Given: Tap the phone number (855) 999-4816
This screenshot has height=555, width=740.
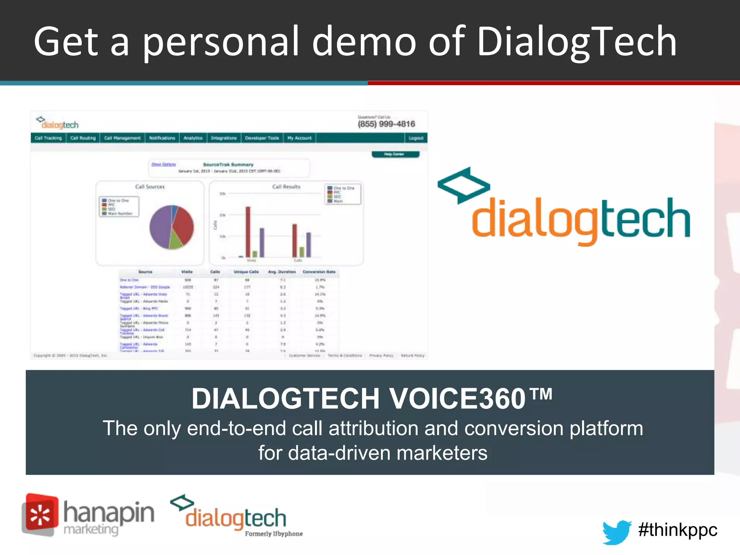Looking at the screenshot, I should (x=386, y=124).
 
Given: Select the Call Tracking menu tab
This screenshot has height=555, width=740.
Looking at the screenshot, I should (x=48, y=138).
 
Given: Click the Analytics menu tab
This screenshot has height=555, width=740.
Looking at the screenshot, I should (x=193, y=138).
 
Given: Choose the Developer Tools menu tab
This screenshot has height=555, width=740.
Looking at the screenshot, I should (x=262, y=138).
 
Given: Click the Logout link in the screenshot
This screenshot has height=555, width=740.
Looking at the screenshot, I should (x=416, y=138).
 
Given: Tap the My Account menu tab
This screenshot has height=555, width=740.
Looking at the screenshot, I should (x=299, y=138).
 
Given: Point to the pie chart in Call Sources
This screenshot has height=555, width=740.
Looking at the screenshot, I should (x=172, y=227).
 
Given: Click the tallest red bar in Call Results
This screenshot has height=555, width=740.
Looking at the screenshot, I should (x=248, y=231).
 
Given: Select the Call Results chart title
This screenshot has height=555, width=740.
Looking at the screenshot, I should (x=286, y=187).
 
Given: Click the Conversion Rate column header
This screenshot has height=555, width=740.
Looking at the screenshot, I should (x=319, y=272).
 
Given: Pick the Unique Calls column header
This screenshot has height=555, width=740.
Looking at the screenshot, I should (x=246, y=272).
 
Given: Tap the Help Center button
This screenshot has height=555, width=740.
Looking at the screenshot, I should (x=395, y=154).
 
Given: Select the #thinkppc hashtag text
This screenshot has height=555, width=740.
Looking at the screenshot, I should (x=677, y=530).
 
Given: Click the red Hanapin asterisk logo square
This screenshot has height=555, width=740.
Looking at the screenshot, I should (x=40, y=514).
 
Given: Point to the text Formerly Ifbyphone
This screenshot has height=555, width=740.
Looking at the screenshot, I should (x=274, y=534).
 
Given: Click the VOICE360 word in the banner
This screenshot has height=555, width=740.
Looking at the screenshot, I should (x=457, y=399).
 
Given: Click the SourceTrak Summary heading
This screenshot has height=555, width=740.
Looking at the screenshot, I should (x=228, y=164).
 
